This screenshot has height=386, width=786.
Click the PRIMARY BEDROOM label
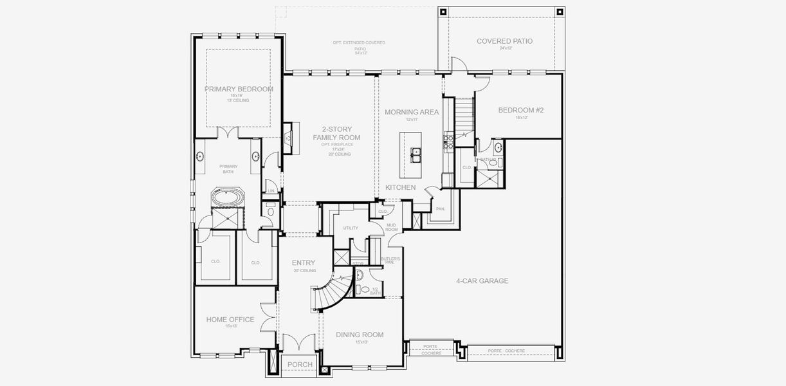pos(239,89)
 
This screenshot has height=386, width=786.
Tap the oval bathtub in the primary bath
pos(228,198)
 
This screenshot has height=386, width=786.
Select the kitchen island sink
pos(416,155)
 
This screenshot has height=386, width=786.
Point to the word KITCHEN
pos(400,187)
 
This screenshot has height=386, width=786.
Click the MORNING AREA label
pos(412,112)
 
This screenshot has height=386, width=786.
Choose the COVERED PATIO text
pos(504,41)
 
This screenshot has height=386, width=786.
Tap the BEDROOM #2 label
pos(521,110)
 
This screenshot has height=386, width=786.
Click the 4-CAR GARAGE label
pos(482,280)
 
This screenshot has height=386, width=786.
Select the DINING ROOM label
pos(360,335)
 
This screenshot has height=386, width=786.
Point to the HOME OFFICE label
pos(230,320)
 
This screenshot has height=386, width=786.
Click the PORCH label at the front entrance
pos(300,365)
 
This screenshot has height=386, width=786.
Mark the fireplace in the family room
pos(288,138)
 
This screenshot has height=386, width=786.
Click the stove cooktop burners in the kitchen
pos(448,137)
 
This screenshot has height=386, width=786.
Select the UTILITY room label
pos(351,228)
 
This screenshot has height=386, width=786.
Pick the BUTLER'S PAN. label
pos(390,261)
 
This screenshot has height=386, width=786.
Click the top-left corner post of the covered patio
pos(443,12)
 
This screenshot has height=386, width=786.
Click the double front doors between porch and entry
pos(300,342)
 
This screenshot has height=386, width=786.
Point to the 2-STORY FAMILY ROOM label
pos(336,133)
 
